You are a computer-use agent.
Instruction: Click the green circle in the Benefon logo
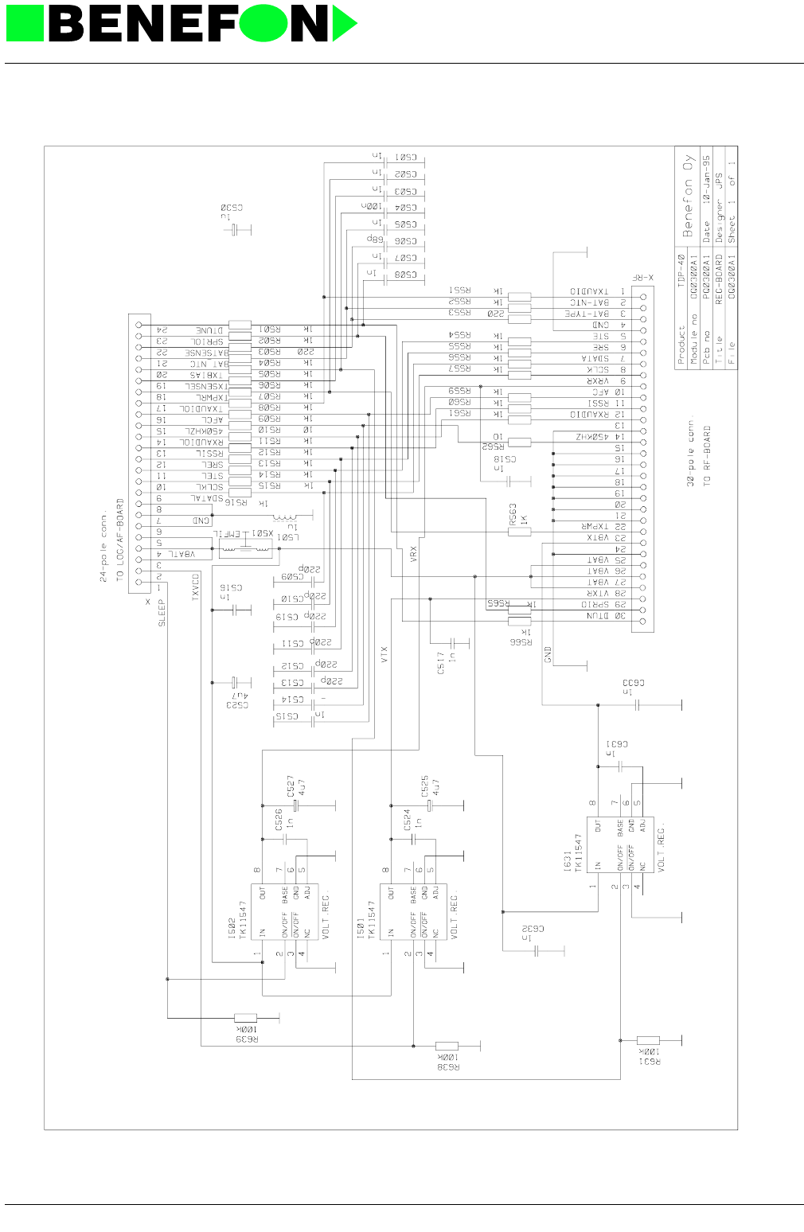coord(263,23)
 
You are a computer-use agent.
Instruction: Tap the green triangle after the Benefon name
coord(342,24)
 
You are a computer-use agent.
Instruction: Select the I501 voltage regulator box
coord(413,912)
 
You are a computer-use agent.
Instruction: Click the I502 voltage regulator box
coord(284,912)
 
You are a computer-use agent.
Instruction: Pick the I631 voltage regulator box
coord(620,844)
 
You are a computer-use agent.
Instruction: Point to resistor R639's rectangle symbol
coord(245,1017)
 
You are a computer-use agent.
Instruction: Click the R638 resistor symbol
coord(447,1046)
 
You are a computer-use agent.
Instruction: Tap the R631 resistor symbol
coord(648,1039)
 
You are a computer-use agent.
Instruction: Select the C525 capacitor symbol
coord(429,806)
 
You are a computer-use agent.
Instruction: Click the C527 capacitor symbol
coord(295,806)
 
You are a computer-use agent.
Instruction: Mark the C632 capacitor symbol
coord(537,950)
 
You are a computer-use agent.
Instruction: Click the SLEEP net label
coord(162,613)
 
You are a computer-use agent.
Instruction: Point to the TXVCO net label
coord(196,587)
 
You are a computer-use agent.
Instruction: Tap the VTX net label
coord(384,655)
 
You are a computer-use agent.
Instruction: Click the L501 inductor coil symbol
coord(283,517)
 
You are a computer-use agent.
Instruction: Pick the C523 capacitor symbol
coord(235,683)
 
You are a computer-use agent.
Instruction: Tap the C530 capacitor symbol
coord(235,229)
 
